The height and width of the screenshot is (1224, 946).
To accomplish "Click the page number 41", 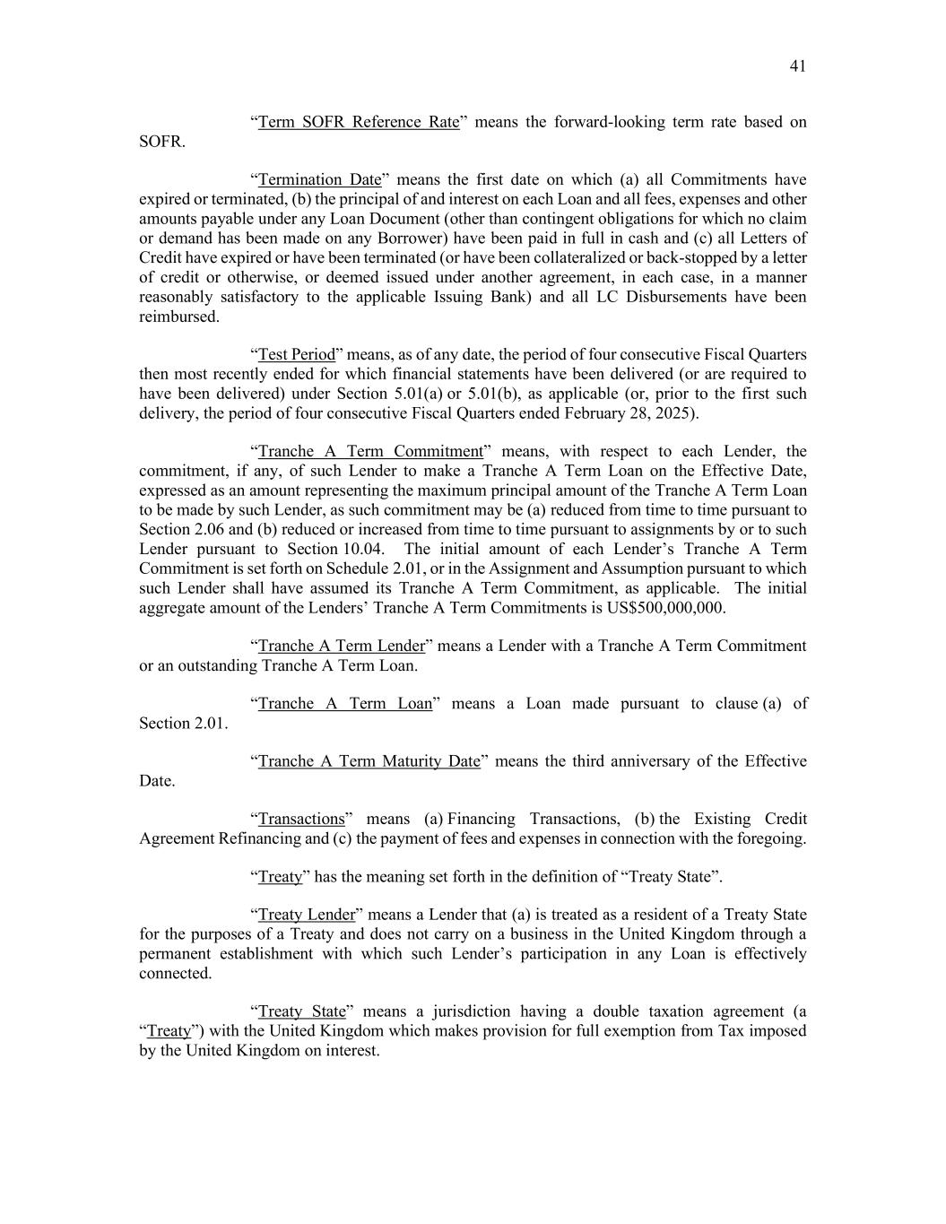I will (797, 66).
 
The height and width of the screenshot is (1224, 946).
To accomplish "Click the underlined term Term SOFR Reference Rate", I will (359, 122).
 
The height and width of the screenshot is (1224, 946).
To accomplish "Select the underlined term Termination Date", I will (319, 179).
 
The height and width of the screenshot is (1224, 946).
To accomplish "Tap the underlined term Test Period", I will (296, 354).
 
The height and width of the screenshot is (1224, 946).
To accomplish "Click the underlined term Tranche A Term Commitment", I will (370, 451).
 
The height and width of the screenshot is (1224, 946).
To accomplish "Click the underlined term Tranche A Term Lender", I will (341, 646).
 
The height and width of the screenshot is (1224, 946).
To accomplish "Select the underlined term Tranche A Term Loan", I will (345, 704).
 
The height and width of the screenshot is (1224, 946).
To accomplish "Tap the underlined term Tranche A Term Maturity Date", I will (369, 761).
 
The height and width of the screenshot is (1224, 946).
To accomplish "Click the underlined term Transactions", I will (301, 819).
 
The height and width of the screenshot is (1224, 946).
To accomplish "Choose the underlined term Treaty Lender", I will (307, 915).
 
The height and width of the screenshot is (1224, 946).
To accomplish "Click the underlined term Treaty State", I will (301, 1011).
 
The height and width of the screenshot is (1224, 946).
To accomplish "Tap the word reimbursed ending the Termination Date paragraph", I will (178, 317).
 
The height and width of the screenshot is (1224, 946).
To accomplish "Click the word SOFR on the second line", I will (161, 142).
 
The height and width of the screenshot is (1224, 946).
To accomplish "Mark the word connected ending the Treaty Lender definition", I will (175, 973).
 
